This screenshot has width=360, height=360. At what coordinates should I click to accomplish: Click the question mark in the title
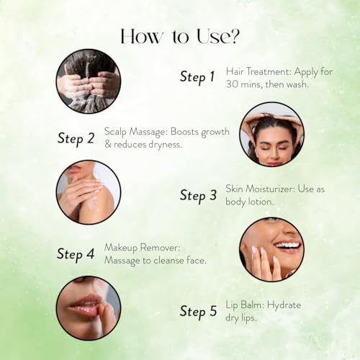[x=233, y=37]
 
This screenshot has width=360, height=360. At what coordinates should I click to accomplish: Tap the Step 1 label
[x=197, y=77]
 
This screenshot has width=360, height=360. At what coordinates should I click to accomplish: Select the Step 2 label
[x=76, y=139]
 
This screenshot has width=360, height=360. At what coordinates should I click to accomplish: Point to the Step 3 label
[x=198, y=196]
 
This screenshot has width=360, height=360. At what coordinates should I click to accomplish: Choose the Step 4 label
[x=76, y=254]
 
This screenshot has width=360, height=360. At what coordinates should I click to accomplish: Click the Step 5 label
[x=198, y=312]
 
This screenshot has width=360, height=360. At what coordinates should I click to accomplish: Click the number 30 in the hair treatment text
[x=232, y=84]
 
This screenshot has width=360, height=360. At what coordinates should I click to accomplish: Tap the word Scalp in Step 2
[x=115, y=132]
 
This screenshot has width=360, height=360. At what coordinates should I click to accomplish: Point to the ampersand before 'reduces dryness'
[x=108, y=144]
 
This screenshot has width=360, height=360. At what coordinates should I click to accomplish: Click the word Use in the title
[x=211, y=37]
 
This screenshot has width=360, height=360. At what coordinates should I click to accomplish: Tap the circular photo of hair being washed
[x=89, y=81]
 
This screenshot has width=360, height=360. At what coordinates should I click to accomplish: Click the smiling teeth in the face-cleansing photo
[x=288, y=246]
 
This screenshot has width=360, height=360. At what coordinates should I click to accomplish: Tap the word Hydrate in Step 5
[x=284, y=305]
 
